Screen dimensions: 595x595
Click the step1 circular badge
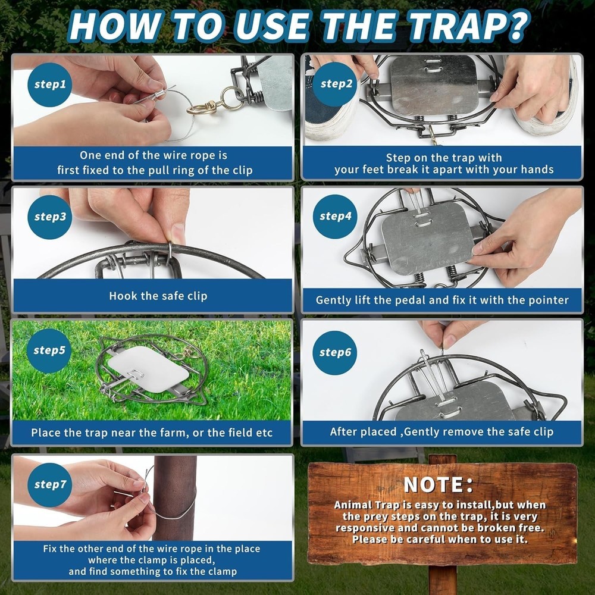50,84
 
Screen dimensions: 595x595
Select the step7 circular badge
50,484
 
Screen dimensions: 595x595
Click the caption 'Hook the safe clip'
158,296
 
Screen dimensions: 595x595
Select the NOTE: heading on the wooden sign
439,484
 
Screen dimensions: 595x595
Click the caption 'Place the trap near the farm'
152,433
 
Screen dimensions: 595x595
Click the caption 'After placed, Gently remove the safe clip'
441,432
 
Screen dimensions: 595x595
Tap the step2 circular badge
337,84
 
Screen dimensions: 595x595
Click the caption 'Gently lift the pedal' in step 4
441,300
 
